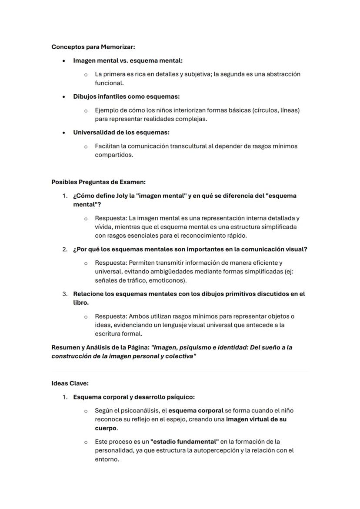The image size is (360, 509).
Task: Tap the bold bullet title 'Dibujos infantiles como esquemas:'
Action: pos(126,96)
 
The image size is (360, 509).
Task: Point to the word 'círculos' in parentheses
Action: pos(267,110)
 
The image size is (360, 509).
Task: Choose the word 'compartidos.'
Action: pos(114,155)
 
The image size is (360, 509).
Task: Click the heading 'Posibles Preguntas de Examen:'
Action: pos(98,182)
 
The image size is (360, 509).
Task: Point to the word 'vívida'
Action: pos(104,227)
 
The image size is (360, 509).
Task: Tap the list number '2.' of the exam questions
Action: pos(64,250)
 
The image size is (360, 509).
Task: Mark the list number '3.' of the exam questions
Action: pos(64,294)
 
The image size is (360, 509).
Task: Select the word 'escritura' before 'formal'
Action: pos(109,334)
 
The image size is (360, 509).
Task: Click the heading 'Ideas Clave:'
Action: pos(70,383)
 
